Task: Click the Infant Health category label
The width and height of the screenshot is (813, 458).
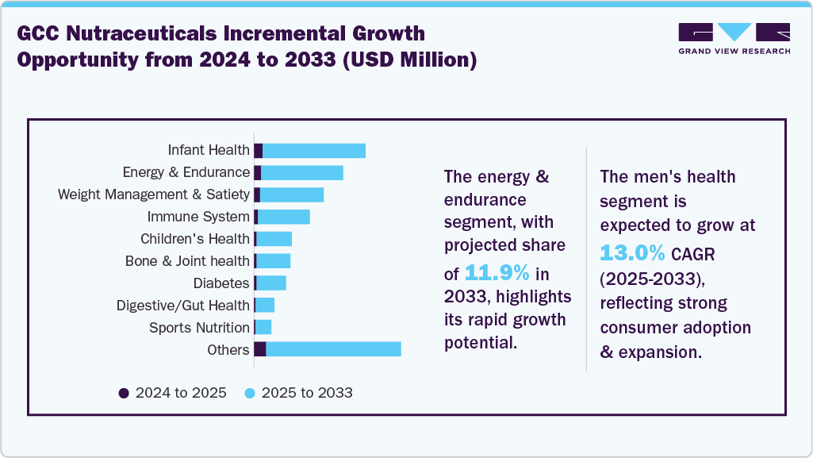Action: point(209,150)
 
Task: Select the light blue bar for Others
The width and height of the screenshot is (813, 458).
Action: point(333,349)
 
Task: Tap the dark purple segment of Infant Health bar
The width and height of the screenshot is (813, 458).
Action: point(259,151)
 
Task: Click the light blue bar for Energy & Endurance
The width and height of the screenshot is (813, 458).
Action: point(302,173)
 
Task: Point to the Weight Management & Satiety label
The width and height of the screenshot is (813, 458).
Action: point(154,194)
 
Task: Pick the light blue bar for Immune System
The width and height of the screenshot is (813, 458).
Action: point(284,217)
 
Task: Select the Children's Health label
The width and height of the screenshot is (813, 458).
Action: point(195,239)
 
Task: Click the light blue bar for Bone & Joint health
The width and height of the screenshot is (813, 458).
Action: point(274,261)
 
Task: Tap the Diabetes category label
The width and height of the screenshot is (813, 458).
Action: point(221,283)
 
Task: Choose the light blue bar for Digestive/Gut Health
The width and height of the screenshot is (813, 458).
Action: point(265,306)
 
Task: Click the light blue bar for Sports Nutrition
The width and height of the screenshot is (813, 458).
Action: point(263,327)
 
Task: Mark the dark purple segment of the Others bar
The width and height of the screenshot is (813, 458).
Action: point(260,349)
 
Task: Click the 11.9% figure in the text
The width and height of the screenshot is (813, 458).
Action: point(497,274)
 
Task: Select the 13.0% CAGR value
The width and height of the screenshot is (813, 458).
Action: point(632,253)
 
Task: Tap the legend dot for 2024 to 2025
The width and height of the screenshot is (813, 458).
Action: point(123,393)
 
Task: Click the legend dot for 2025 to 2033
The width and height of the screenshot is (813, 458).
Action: point(249,393)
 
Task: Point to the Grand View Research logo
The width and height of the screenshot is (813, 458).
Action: point(734,38)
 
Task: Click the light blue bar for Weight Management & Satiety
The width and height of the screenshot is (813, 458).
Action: point(292,195)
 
